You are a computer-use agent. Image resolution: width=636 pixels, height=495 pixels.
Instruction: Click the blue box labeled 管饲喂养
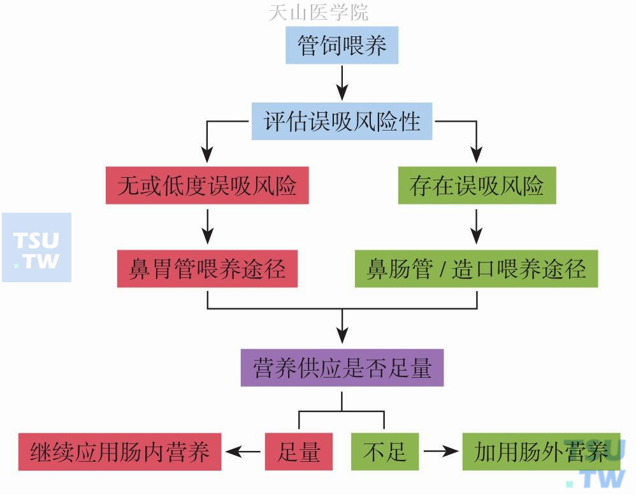pos(342,45)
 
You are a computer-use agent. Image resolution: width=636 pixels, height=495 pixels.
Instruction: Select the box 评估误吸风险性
pos(342,121)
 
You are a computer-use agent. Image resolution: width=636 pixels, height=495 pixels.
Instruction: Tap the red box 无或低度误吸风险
pos(207,185)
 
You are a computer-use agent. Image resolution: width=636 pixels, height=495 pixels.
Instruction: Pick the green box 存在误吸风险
pos(477,185)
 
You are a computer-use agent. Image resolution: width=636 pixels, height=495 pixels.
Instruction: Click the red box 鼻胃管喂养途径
pos(207,268)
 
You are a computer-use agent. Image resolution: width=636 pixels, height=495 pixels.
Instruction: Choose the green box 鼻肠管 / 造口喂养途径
pos(476,268)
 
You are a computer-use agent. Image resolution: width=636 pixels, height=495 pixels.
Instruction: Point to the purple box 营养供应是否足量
pos(342,368)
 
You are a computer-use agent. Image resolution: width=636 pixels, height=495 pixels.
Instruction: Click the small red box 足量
pos(299,452)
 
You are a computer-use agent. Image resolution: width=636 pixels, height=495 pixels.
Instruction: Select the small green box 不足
pos(384,452)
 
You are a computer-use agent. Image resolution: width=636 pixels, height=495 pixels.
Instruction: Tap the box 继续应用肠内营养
pos(120,452)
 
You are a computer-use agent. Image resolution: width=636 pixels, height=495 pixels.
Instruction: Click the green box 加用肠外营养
pos(541,452)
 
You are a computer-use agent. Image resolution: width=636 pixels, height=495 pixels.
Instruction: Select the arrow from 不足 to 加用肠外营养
pos(441,452)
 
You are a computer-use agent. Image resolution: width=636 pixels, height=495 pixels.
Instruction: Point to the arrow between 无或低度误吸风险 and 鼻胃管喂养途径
pos(207,226)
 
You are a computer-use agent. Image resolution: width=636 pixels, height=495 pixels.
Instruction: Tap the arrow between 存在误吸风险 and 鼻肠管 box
pos(477,226)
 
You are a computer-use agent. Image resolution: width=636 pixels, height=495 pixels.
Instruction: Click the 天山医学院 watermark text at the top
pos(318,11)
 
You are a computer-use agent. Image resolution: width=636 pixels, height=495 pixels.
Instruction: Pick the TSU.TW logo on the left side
pos(36,249)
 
